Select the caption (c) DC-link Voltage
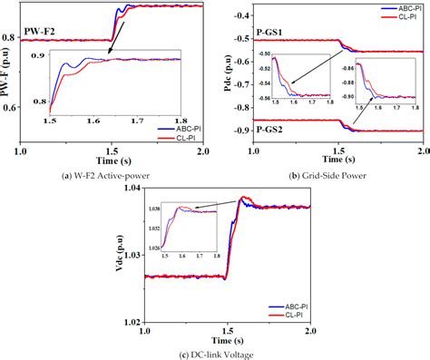[214, 351]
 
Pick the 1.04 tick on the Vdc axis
[132, 188]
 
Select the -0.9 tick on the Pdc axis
[242, 131]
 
